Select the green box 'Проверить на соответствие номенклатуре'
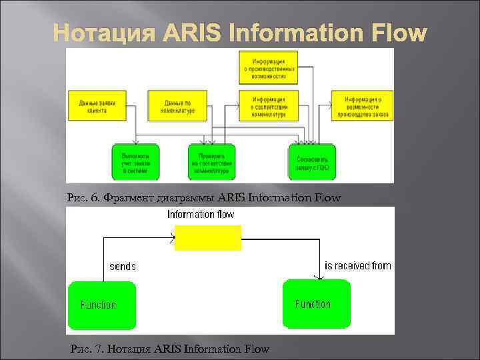tap(212, 161)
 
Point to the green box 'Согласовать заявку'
tap(311, 161)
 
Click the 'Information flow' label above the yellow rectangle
tap(201, 215)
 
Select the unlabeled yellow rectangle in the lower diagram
tap(207, 237)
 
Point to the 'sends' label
tap(123, 266)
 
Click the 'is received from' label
tap(358, 265)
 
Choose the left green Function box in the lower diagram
tap(101, 305)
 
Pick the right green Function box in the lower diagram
tap(316, 303)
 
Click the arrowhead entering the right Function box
tap(315, 276)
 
